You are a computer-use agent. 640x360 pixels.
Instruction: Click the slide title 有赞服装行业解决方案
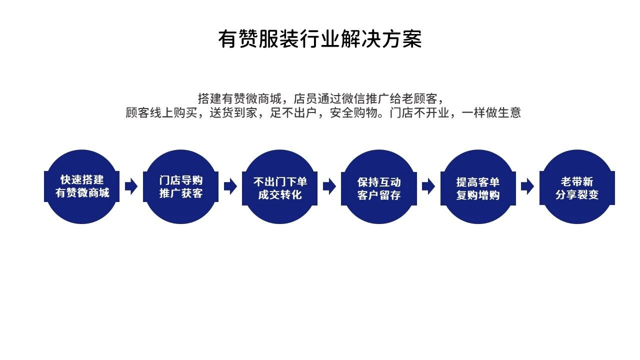point(320,39)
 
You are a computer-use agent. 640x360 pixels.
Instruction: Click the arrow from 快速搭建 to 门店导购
point(131,186)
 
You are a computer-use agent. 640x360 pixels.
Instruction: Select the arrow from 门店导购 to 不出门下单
point(230,186)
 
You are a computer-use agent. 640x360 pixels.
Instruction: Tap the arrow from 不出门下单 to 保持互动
point(329,186)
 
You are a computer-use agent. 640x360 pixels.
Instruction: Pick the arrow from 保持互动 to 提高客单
point(428,186)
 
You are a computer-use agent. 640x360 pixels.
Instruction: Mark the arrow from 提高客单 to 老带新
point(527,186)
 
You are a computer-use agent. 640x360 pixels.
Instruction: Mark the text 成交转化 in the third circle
point(280,195)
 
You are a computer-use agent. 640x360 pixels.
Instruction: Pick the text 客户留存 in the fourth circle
point(379,195)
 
